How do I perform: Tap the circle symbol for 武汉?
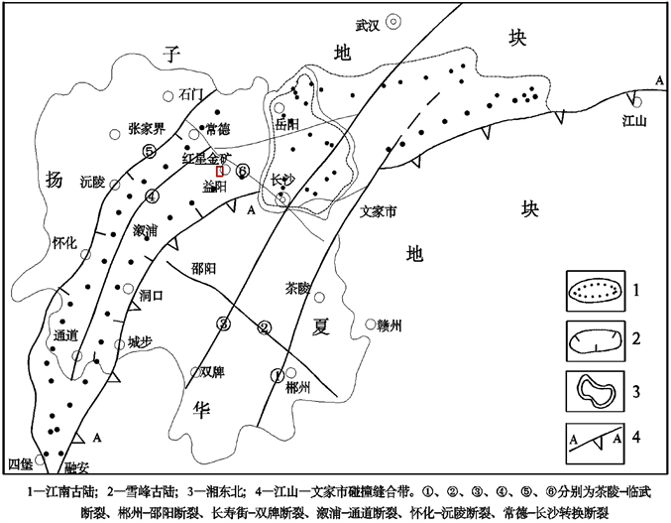pyautogui.click(x=393, y=19)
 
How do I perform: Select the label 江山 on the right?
pyautogui.click(x=633, y=121)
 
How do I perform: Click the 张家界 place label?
pyautogui.click(x=148, y=128)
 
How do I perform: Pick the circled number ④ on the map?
pyautogui.click(x=152, y=195)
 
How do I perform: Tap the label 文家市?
pyautogui.click(x=377, y=211)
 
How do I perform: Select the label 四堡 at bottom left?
pyautogui.click(x=20, y=464)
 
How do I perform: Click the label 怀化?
pyautogui.click(x=64, y=242)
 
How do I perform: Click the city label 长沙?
pyautogui.click(x=283, y=180)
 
